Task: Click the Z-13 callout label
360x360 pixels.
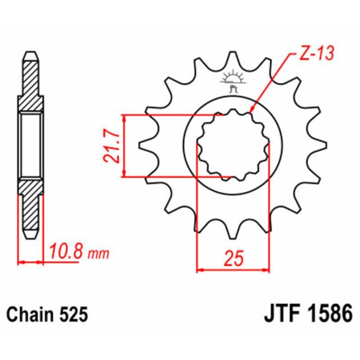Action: pos(315,54)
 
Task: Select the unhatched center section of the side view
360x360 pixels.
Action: pos(31,145)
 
